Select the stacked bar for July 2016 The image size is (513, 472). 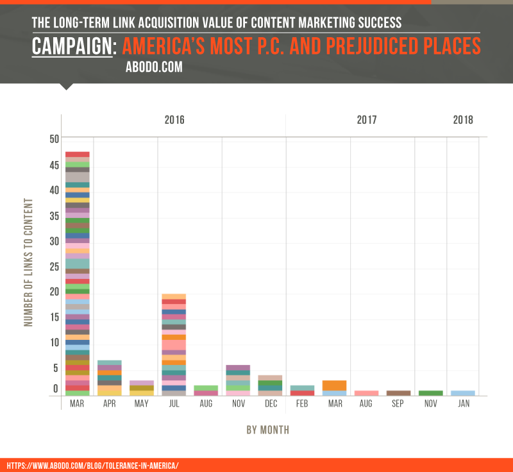pos(174,345)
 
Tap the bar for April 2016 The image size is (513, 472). pos(109,378)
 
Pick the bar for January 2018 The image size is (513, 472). pos(463,393)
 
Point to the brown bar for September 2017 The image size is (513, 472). pos(398,393)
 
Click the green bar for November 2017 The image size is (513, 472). pos(431,393)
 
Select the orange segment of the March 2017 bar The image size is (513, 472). pos(334,385)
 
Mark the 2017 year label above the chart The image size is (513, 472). pos(367,120)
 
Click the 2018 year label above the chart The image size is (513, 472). pos(463,120)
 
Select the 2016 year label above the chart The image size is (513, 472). pos(174,120)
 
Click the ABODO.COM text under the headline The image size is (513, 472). pos(155,66)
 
